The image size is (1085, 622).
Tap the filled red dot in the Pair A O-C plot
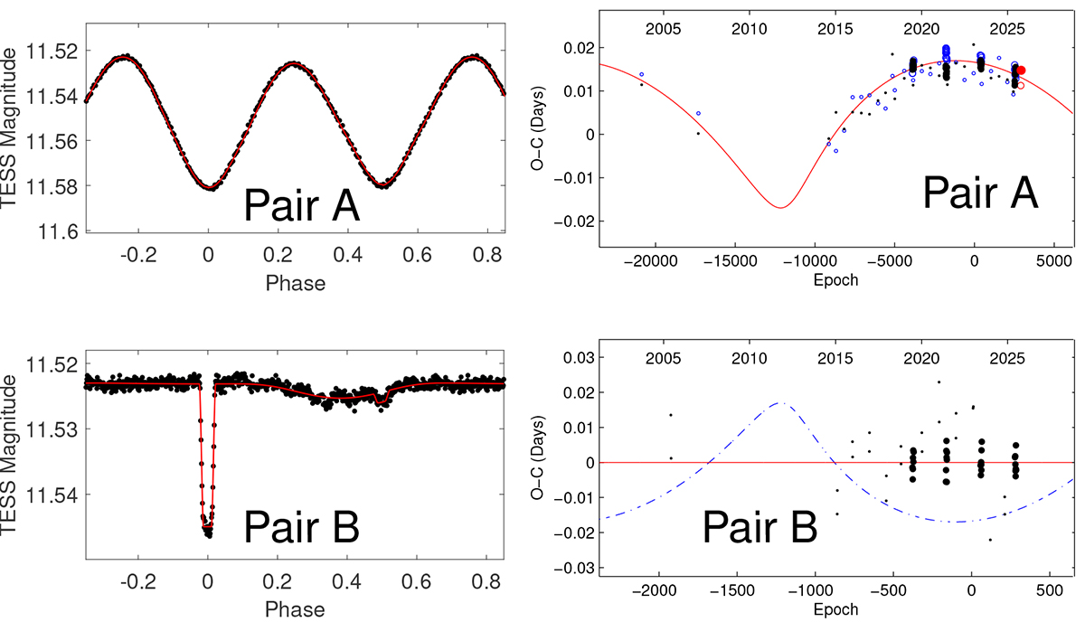click(1021, 70)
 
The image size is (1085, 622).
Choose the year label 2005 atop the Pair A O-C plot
click(663, 29)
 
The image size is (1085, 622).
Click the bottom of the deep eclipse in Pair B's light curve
click(208, 527)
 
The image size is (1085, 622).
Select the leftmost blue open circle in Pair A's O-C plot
click(642, 74)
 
